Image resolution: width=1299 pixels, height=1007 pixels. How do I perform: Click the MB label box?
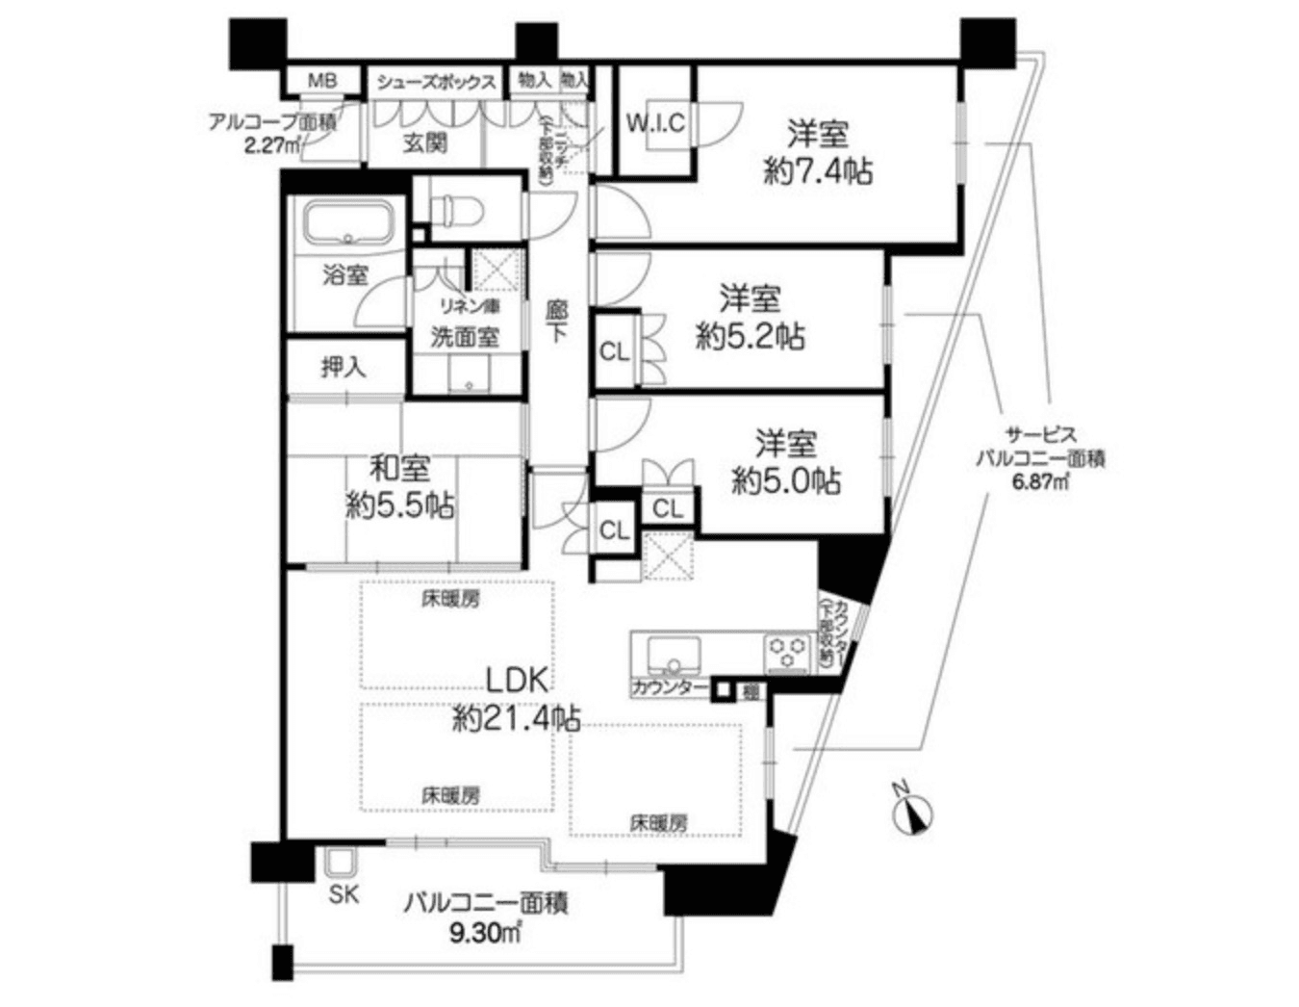[x=321, y=80]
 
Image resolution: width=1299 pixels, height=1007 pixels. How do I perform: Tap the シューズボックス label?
[x=436, y=81]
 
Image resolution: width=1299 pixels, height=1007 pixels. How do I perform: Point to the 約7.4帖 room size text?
[x=819, y=172]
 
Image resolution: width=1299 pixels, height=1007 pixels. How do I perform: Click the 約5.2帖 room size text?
[x=751, y=337]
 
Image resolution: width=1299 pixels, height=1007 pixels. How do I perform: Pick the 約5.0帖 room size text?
[x=785, y=481]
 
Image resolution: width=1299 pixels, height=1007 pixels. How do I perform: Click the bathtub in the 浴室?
[x=349, y=226]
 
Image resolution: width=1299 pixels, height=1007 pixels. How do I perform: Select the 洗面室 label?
[x=465, y=337]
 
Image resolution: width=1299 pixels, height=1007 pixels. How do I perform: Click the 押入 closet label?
[x=344, y=368]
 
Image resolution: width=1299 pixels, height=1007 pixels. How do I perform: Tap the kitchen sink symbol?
[x=671, y=656]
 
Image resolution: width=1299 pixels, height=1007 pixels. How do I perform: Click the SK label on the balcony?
[x=343, y=894]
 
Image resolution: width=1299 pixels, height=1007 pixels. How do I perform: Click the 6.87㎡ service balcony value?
[x=1039, y=481]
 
